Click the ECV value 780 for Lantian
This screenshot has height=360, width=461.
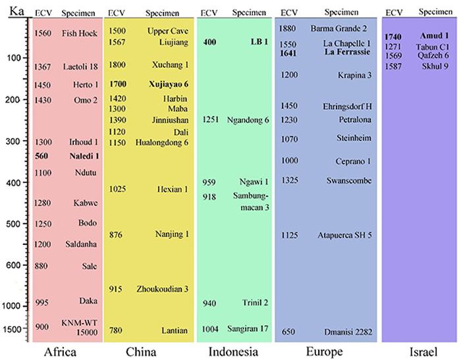click(x=116, y=330)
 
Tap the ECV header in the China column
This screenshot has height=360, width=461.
click(x=117, y=13)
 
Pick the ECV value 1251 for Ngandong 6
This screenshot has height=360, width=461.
click(x=209, y=120)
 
